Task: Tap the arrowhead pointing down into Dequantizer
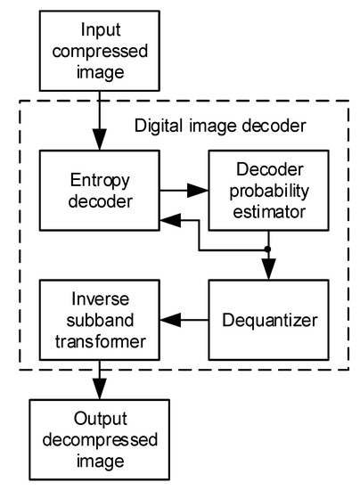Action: [267, 269]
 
